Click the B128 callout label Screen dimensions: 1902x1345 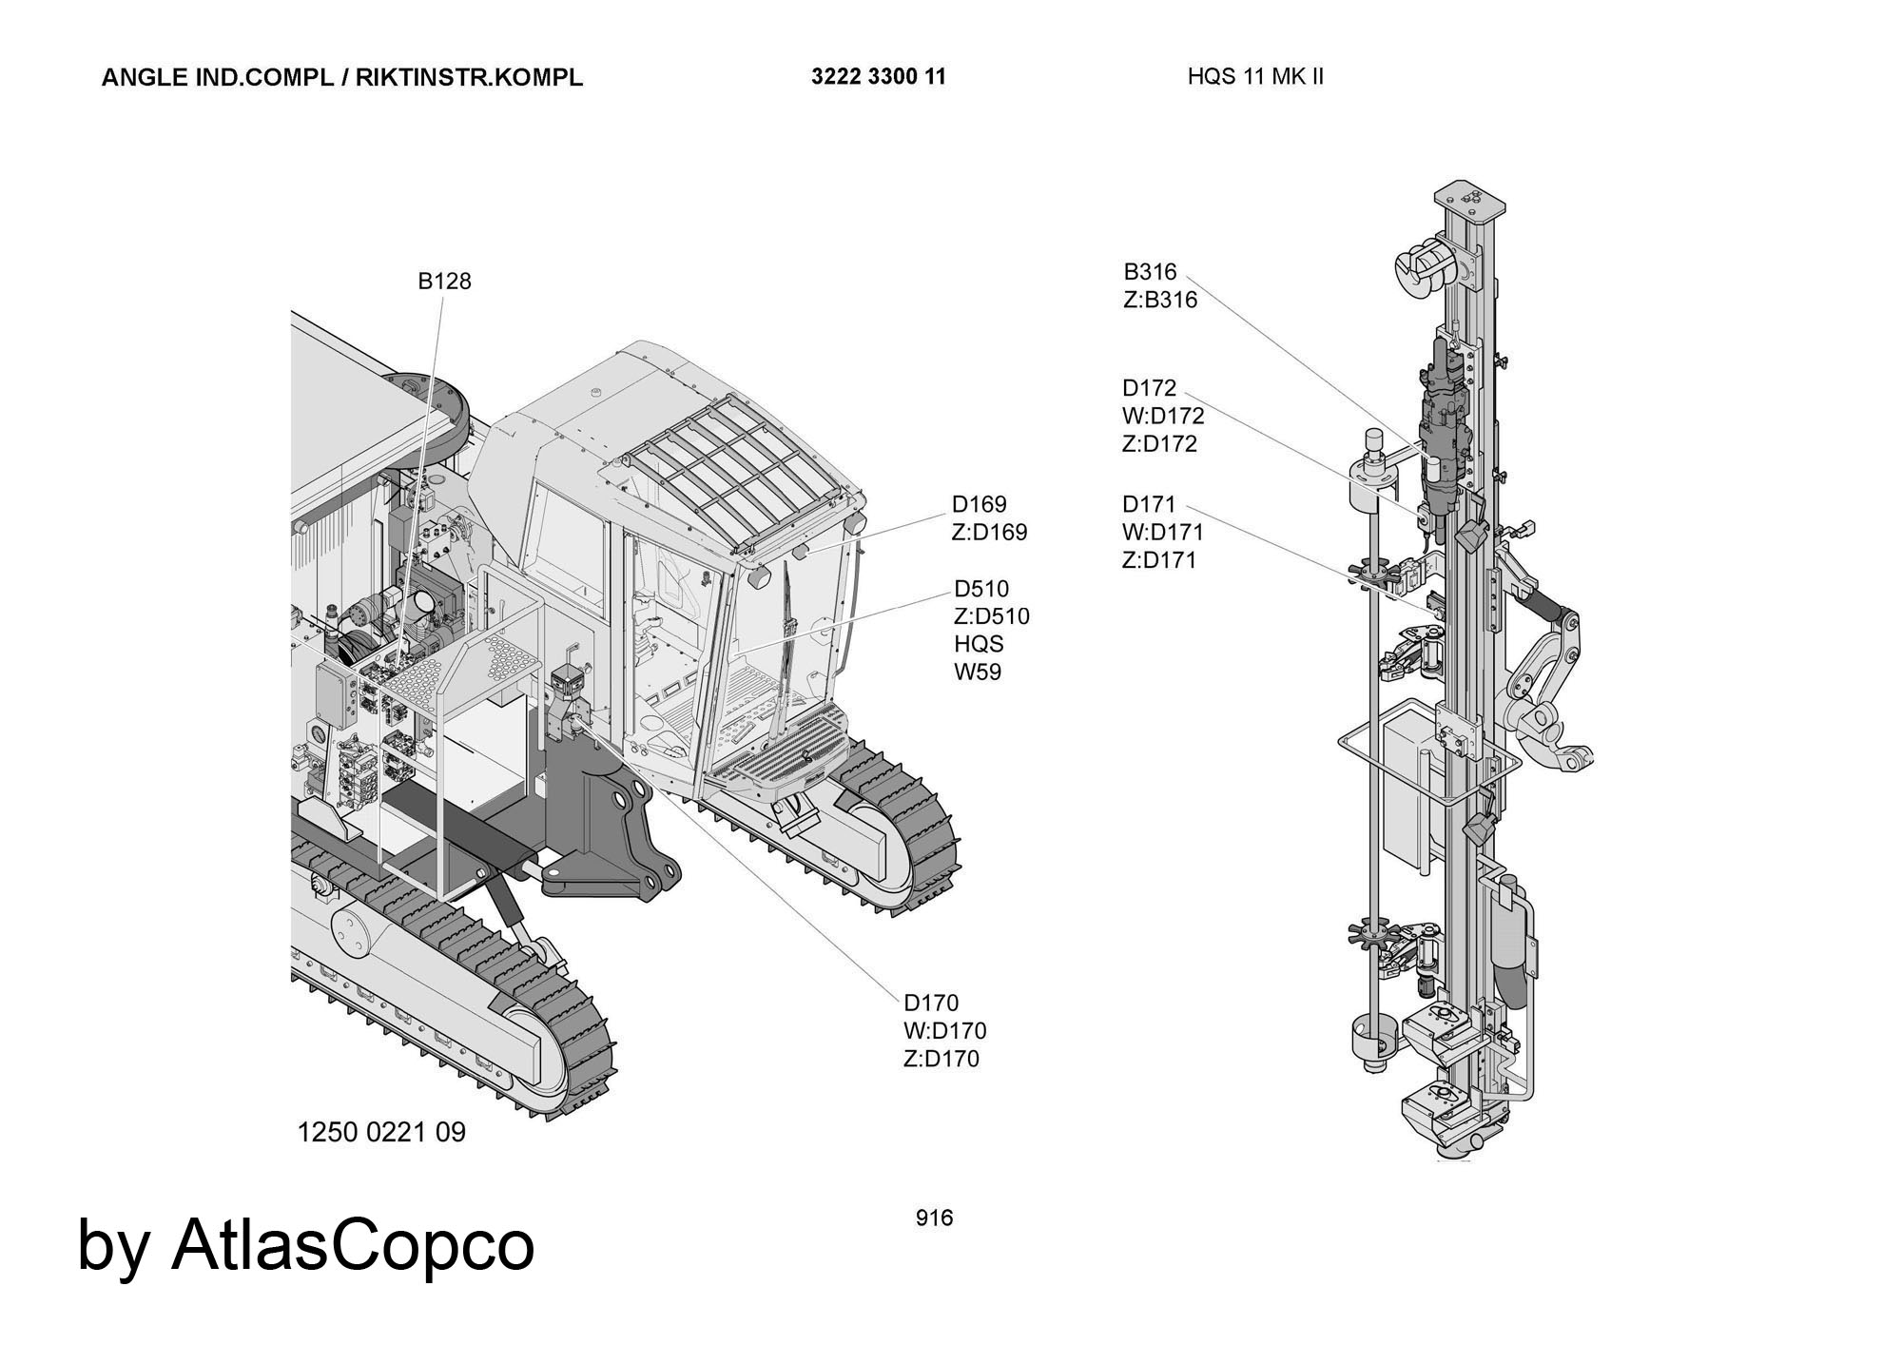(444, 282)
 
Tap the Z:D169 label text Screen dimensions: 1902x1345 (989, 533)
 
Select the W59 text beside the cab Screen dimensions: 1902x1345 (978, 672)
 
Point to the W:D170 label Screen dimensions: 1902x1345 (944, 1031)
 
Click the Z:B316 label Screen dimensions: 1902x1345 (1160, 301)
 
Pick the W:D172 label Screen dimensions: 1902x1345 (1163, 417)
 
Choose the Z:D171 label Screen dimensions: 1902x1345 (1159, 560)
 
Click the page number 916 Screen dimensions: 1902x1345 (934, 1218)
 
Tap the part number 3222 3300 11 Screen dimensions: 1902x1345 (879, 77)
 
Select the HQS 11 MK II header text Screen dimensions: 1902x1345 (1255, 77)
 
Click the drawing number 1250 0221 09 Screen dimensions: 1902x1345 (381, 1133)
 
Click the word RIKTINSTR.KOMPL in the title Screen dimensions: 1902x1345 (469, 78)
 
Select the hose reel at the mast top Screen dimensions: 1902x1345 (1425, 265)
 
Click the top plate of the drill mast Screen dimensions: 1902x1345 (1471, 197)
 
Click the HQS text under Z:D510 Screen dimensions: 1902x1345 (979, 645)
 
